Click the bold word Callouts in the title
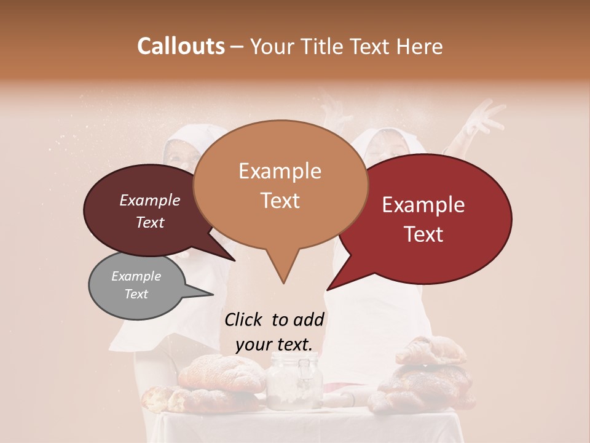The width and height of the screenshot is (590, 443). [x=181, y=46]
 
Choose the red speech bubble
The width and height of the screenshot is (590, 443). [x=424, y=219]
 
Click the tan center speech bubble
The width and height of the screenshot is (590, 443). [x=280, y=185]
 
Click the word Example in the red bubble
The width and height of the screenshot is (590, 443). [x=423, y=205]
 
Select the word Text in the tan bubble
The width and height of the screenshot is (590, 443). [x=280, y=201]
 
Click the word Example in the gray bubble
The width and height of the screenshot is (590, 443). [x=136, y=276]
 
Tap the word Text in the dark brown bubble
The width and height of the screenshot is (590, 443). [x=150, y=222]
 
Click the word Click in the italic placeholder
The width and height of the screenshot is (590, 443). [x=244, y=319]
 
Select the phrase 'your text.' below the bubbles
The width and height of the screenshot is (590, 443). [x=274, y=345]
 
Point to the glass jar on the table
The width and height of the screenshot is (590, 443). [x=293, y=381]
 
